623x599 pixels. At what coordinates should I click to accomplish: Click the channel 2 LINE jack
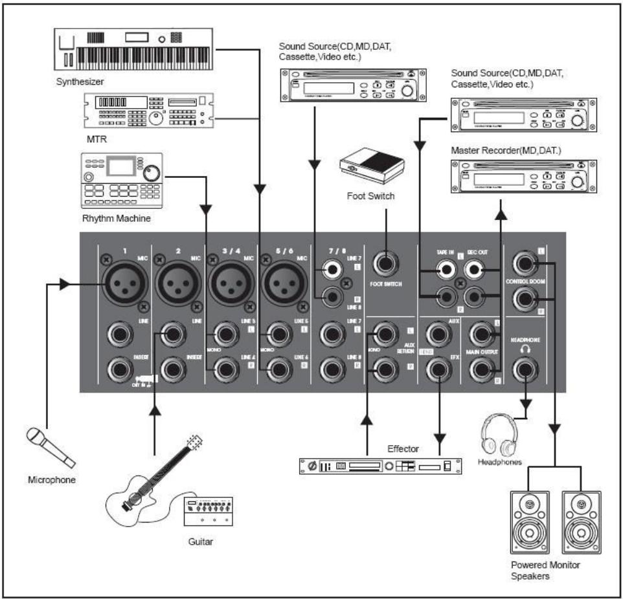click(173, 335)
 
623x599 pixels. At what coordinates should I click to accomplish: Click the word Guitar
click(199, 541)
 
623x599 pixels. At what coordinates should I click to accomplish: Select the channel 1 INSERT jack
click(123, 370)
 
